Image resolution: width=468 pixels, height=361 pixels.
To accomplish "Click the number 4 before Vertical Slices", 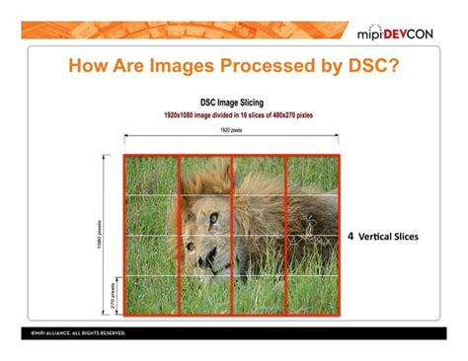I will point(351,238).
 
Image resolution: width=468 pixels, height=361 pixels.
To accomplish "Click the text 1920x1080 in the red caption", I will point(184,114).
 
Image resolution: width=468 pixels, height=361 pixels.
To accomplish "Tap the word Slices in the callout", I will point(406,238).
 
